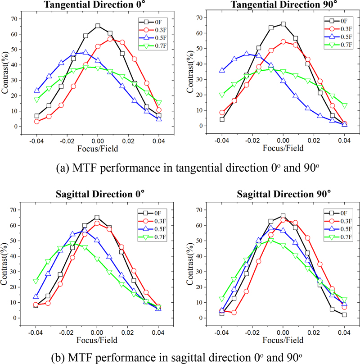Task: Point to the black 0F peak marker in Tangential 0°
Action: pyautogui.click(x=98, y=26)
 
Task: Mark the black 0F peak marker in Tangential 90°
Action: pyautogui.click(x=283, y=24)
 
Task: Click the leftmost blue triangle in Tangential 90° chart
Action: pyautogui.click(x=222, y=70)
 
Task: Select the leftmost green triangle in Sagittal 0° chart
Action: pyautogui.click(x=36, y=281)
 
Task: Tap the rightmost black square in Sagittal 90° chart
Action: pyautogui.click(x=344, y=314)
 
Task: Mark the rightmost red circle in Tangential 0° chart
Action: pyautogui.click(x=159, y=110)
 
